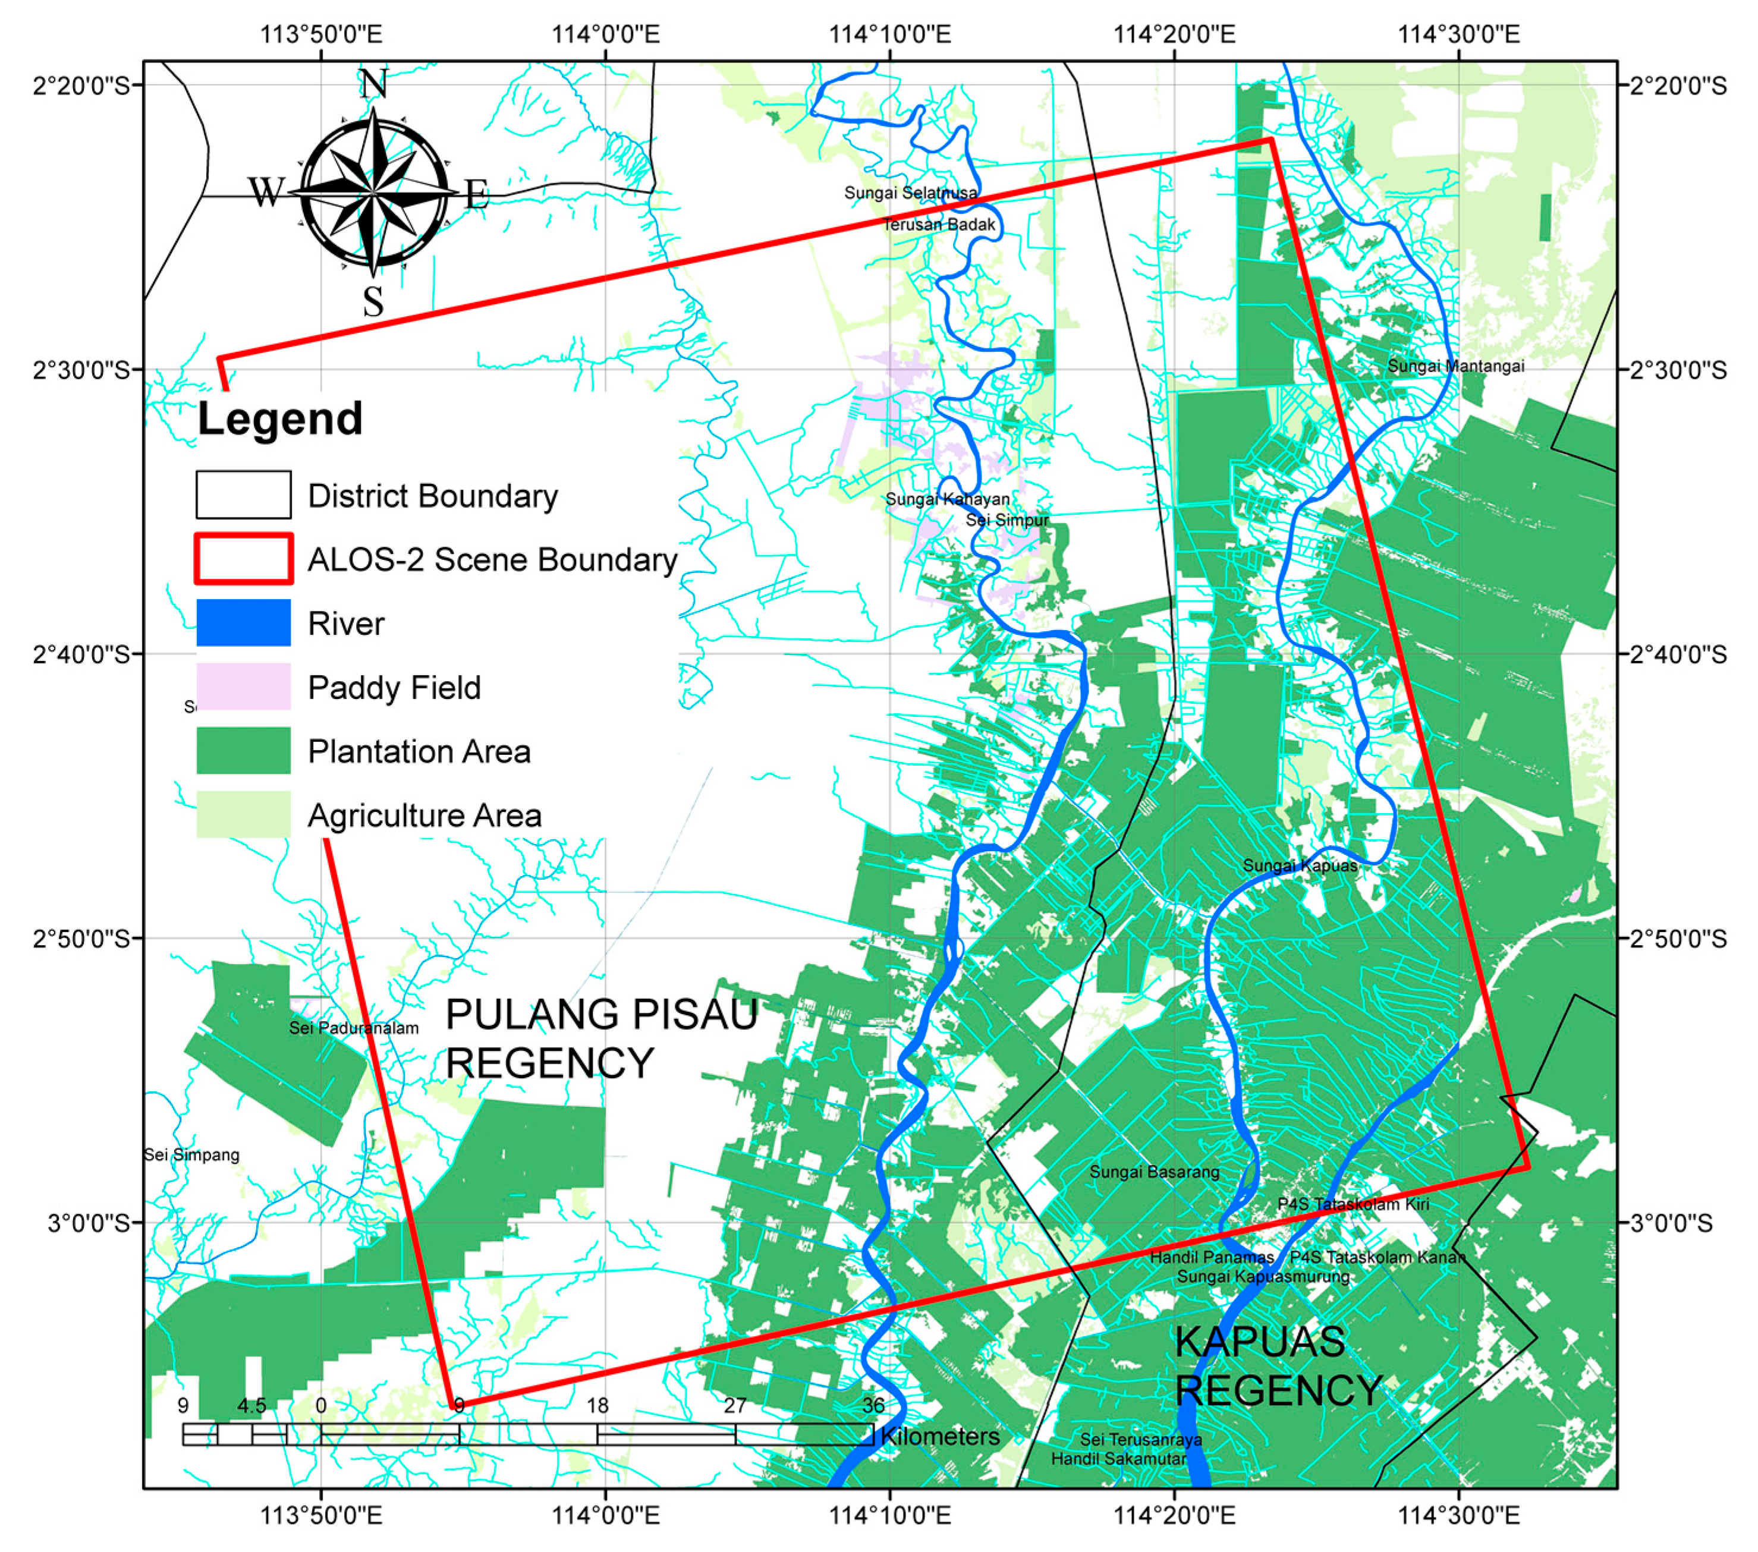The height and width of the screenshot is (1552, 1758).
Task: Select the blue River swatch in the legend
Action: tap(243, 622)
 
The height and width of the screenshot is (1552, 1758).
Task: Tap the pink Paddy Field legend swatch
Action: tap(243, 686)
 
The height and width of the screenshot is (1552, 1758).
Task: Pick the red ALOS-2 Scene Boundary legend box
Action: tap(243, 559)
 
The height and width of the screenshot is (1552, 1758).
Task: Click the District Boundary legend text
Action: tap(433, 496)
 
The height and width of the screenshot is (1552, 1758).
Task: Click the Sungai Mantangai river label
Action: tap(1455, 366)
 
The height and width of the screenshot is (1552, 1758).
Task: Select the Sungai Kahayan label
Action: tap(947, 499)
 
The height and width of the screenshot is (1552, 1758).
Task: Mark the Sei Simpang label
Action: tap(192, 1155)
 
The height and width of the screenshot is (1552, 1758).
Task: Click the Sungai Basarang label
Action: tap(1154, 1172)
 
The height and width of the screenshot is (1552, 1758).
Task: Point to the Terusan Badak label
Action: tap(939, 225)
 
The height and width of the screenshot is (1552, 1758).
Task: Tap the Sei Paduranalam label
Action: tap(354, 1028)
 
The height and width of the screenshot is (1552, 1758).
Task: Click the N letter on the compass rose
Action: tap(373, 84)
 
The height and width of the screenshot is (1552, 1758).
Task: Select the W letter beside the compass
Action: tap(266, 192)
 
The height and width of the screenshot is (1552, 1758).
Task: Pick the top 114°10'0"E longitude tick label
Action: tap(889, 34)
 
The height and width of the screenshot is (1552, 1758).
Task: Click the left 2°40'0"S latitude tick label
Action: tap(81, 655)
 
